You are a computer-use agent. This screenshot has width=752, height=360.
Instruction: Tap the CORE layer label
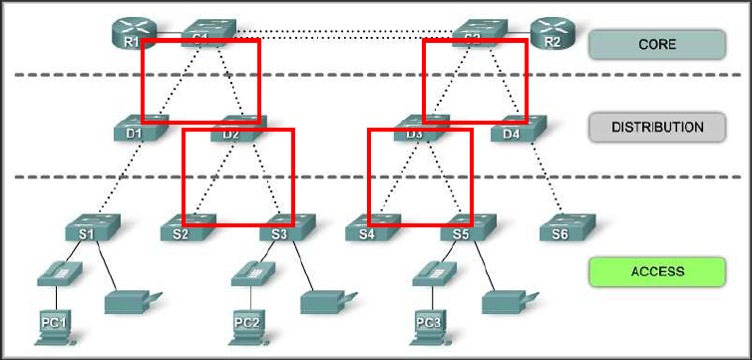click(x=656, y=44)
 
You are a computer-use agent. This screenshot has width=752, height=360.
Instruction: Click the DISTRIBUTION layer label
click(x=656, y=127)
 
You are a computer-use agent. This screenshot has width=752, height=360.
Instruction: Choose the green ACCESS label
click(x=656, y=270)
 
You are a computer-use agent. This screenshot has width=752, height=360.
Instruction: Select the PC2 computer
click(x=247, y=327)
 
